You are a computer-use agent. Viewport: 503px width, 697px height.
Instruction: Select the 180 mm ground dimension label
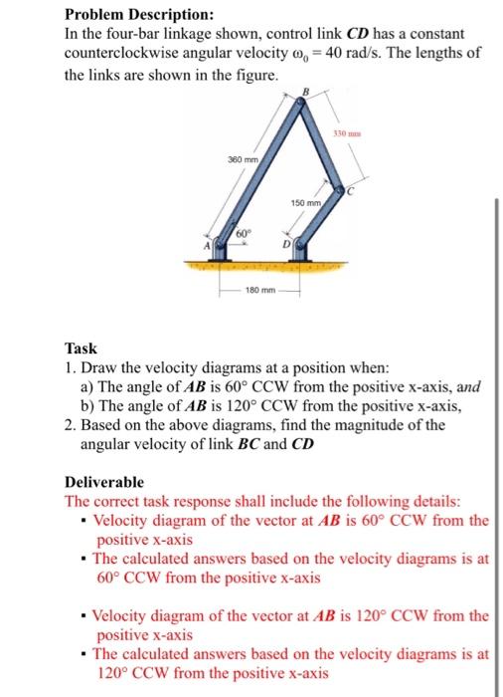coord(260,293)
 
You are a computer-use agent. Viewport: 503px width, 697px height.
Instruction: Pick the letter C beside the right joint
coord(349,197)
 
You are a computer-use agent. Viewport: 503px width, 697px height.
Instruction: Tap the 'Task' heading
coord(82,348)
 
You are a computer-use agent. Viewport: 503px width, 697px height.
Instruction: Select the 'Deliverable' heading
coord(104,481)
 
